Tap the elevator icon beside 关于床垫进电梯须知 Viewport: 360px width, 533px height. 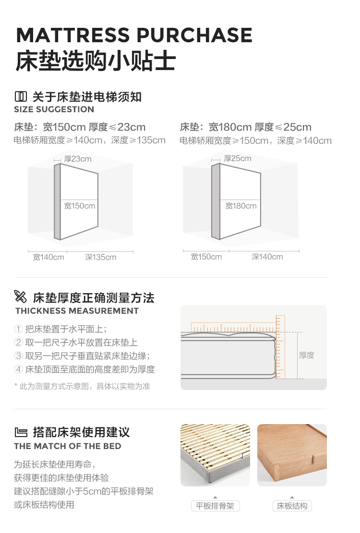tap(21, 96)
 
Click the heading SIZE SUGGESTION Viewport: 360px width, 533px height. tap(54, 109)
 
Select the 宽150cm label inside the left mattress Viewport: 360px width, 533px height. tap(80, 206)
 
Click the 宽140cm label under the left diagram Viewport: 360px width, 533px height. tap(48, 257)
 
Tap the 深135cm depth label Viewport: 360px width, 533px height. tap(101, 257)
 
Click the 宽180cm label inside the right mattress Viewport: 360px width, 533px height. tap(241, 206)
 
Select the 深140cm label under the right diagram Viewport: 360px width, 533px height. tap(267, 257)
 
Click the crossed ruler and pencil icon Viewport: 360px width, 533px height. tap(20, 296)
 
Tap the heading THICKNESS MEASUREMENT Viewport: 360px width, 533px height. tap(77, 311)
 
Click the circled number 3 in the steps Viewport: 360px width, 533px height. tap(18, 355)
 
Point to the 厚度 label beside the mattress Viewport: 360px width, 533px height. tap(307, 355)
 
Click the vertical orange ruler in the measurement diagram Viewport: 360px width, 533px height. tap(280, 347)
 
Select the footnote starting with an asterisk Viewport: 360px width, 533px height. tap(82, 386)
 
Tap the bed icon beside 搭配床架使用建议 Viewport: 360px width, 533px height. tap(21, 432)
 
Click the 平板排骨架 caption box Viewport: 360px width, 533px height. tap(215, 506)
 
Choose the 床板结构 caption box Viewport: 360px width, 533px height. tap(292, 506)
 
